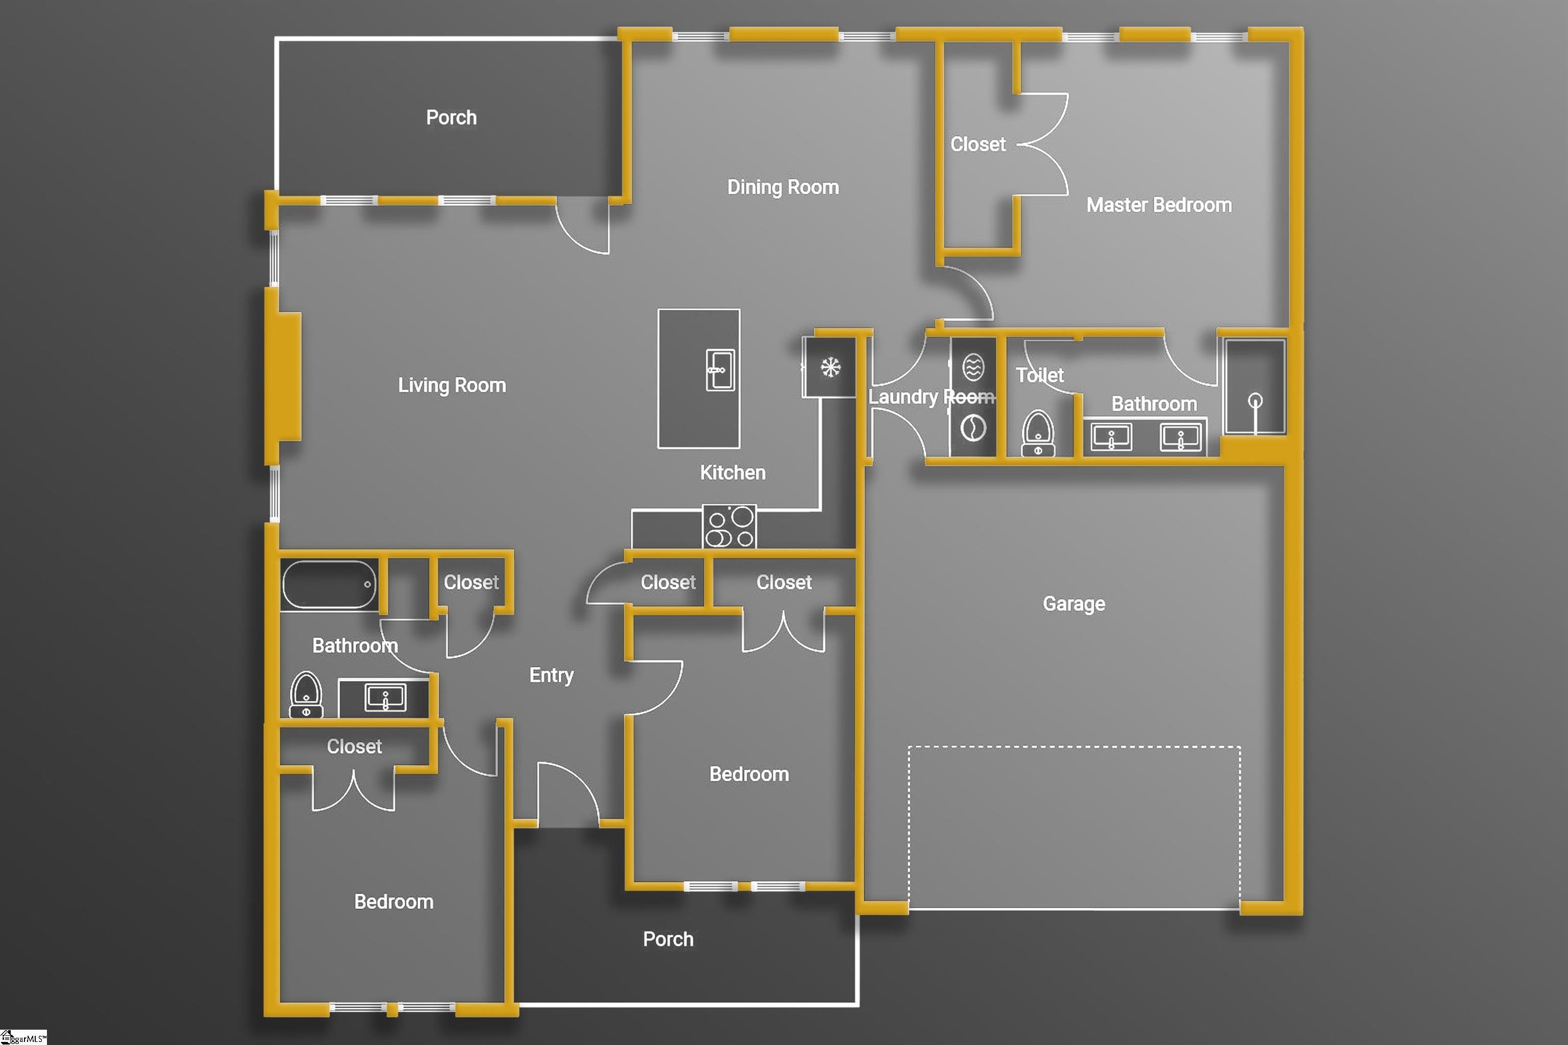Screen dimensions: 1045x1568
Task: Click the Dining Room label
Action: click(x=782, y=187)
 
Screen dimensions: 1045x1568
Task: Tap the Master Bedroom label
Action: click(x=1159, y=205)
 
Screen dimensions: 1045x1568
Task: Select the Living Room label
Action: click(x=452, y=385)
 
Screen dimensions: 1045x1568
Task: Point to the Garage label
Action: click(x=1073, y=604)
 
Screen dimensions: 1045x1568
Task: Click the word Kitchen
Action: click(x=732, y=473)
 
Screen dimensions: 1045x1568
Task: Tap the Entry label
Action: click(x=551, y=675)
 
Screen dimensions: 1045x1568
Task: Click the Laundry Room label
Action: click(x=931, y=397)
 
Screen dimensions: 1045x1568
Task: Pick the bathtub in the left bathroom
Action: click(x=329, y=585)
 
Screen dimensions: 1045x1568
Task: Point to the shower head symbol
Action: click(x=1256, y=402)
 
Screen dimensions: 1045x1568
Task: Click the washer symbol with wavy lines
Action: click(x=973, y=367)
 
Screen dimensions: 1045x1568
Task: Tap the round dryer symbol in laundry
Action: click(x=973, y=428)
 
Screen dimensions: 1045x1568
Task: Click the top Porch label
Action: click(x=451, y=118)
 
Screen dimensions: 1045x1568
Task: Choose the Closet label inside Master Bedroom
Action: click(x=977, y=144)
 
